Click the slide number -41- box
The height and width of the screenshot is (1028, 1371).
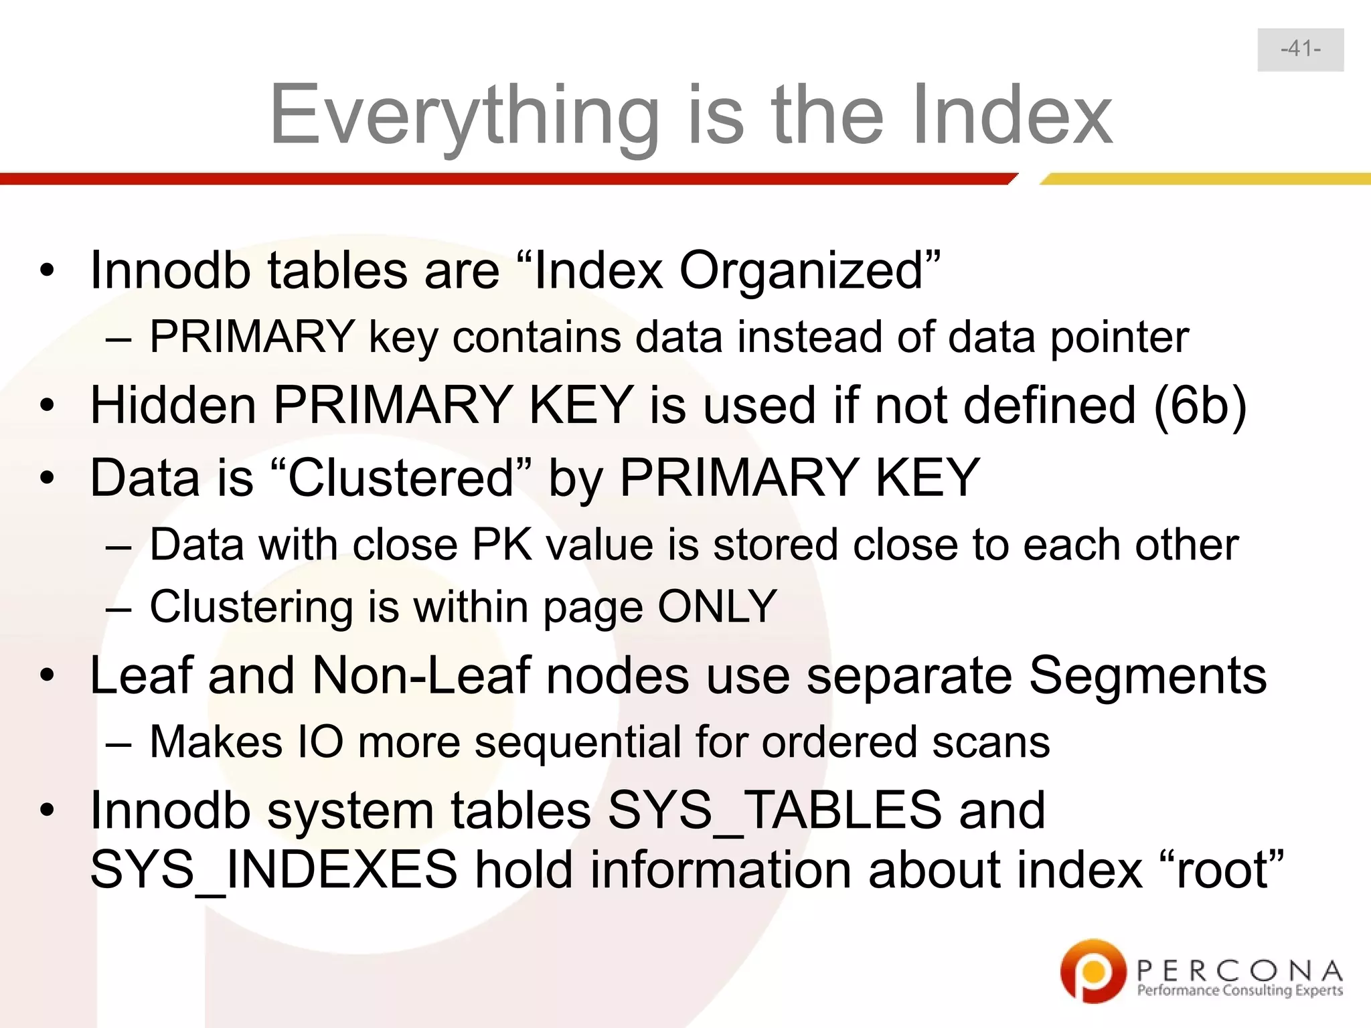pos(1300,50)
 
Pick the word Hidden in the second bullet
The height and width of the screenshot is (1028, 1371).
pos(173,406)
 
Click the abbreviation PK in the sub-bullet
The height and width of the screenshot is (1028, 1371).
pos(501,544)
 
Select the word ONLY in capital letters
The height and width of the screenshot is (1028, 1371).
pos(717,607)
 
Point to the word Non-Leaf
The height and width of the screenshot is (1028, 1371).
pos(421,675)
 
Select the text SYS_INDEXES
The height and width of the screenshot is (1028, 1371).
pos(274,870)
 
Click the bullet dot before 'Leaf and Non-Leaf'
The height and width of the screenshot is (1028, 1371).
pos(46,676)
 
